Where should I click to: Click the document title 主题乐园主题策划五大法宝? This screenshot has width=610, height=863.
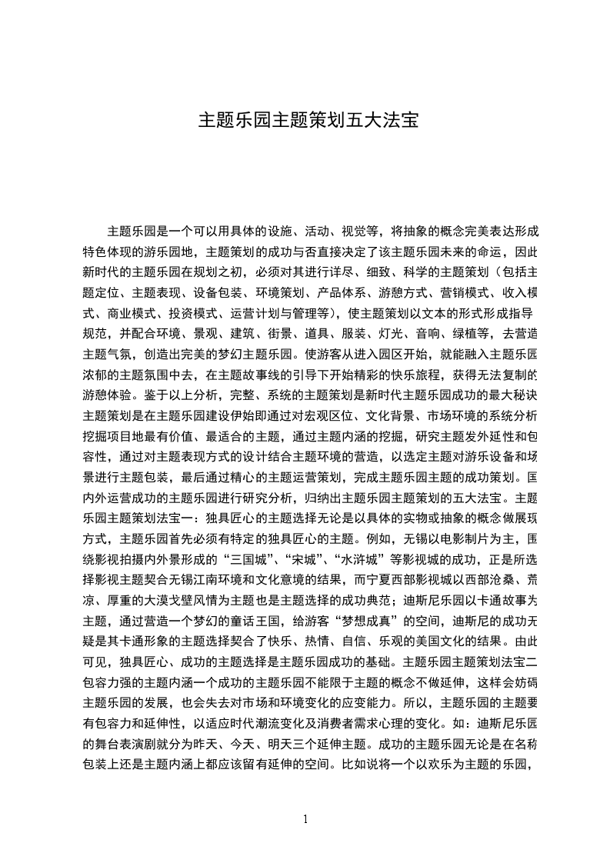click(308, 121)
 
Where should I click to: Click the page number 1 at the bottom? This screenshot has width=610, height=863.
click(305, 818)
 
